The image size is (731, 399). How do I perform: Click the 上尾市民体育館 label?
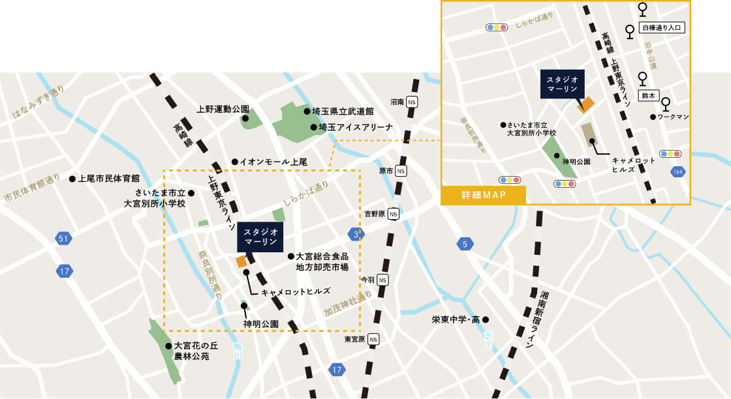point(108,178)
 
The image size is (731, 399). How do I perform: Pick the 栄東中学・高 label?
point(456,319)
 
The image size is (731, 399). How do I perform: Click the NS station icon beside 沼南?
point(412,102)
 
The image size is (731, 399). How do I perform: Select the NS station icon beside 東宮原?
point(373,340)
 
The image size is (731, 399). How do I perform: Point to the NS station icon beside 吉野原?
point(393,214)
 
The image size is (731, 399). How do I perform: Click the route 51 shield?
point(63,239)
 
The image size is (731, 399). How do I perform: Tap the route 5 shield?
point(465,244)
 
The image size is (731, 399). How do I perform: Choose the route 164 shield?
point(679,171)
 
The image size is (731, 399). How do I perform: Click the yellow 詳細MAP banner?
point(484,196)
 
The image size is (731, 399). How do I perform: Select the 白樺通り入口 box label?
point(662,28)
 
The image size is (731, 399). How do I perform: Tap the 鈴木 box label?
point(648,95)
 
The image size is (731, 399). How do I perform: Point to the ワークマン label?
point(674,117)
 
